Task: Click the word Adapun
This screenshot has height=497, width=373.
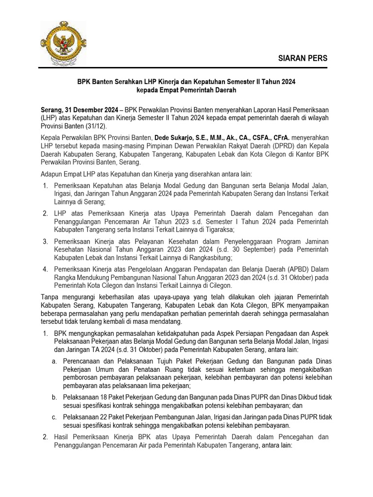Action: [x=53, y=174]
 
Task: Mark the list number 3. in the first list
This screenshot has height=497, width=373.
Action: [x=45, y=242]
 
